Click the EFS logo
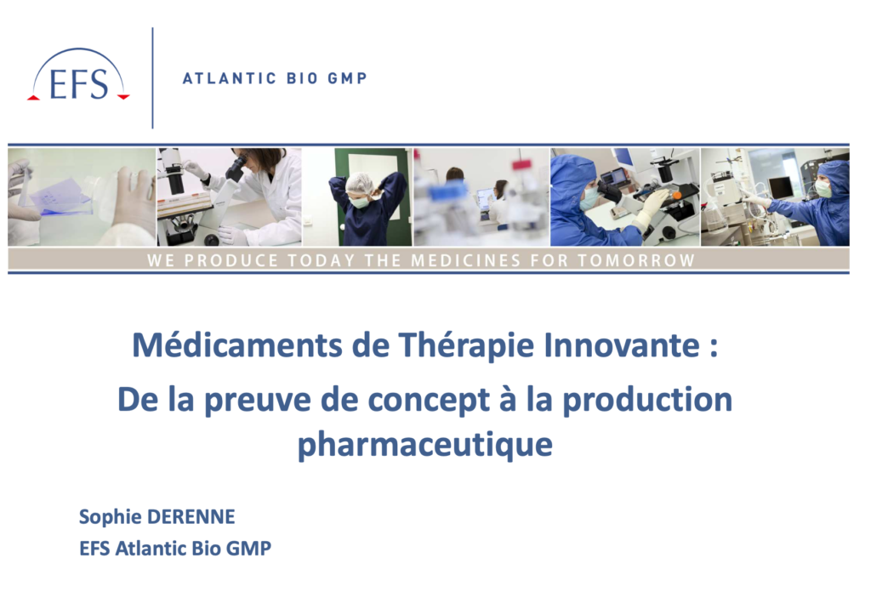[78, 76]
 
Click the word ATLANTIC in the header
[230, 78]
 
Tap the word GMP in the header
[347, 78]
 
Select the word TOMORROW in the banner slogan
[636, 260]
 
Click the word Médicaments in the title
[237, 345]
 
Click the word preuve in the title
[257, 400]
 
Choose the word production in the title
[647, 400]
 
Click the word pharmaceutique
[425, 445]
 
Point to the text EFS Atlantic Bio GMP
[175, 549]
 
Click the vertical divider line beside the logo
[152, 77]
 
